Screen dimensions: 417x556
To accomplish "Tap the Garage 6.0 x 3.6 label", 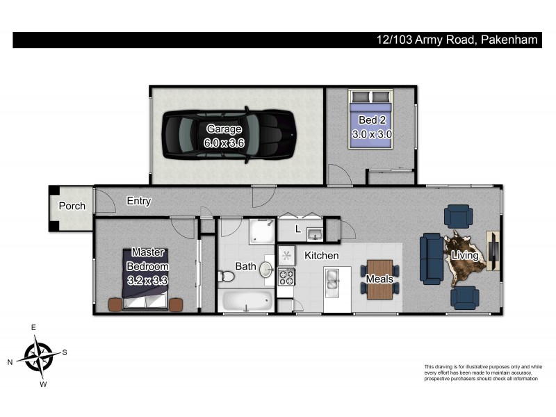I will click(x=223, y=136).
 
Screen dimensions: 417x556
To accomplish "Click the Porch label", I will click(x=72, y=206).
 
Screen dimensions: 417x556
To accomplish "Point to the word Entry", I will click(x=139, y=201).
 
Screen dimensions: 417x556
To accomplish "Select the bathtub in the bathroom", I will click(x=245, y=302).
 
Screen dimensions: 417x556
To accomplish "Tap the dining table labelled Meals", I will click(x=379, y=279).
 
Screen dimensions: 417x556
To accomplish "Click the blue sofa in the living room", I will click(x=431, y=258).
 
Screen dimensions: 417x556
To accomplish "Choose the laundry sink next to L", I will click(x=314, y=231).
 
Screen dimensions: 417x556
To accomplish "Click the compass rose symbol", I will click(x=38, y=355).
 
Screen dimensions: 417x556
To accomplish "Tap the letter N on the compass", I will click(x=10, y=362).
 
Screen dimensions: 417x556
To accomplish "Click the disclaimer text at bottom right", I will click(x=482, y=373).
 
